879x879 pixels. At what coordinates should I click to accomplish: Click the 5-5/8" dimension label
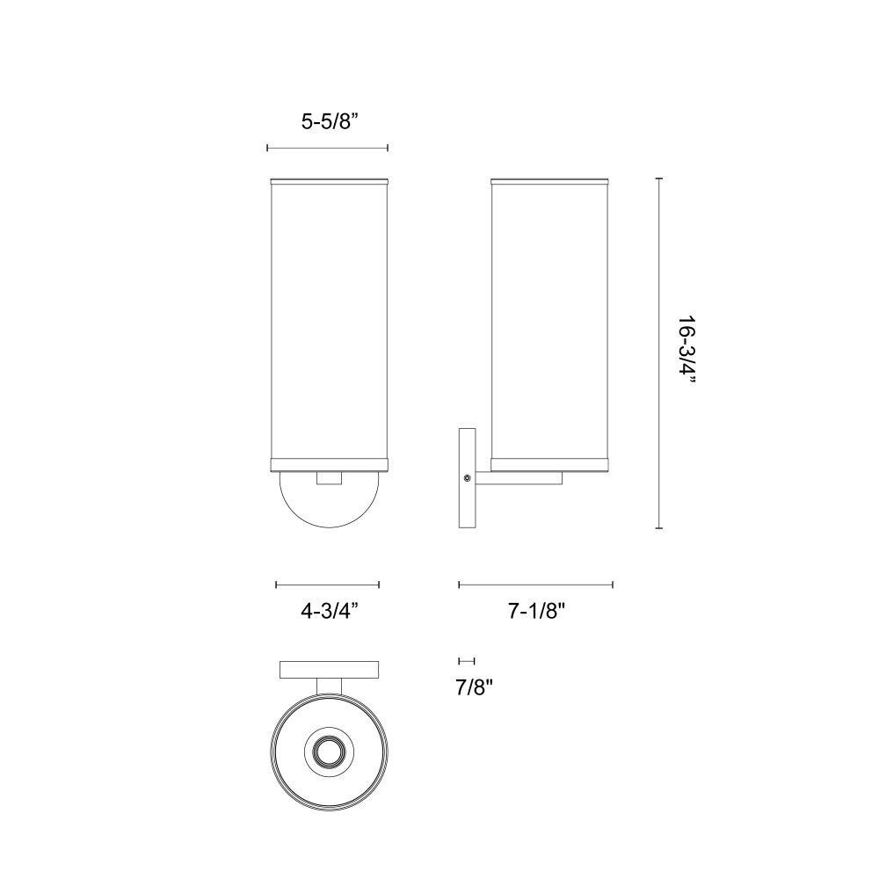click(x=330, y=121)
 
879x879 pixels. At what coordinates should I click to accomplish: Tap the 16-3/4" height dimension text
click(x=687, y=351)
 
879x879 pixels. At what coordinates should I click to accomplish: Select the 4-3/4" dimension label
click(x=330, y=612)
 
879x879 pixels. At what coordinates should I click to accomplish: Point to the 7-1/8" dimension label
click(x=535, y=612)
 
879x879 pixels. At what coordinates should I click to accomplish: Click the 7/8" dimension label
click(x=474, y=687)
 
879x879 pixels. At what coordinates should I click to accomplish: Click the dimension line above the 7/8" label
click(x=467, y=662)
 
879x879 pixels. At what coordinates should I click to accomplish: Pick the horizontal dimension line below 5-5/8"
click(x=327, y=148)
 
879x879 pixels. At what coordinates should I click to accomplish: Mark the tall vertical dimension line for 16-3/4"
click(x=659, y=353)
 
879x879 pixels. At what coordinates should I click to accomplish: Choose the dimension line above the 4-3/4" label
click(x=327, y=585)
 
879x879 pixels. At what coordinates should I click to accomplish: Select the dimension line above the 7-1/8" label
click(x=535, y=585)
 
